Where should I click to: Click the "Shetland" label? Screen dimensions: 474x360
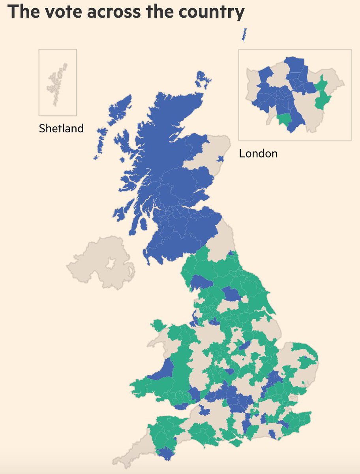[61, 128]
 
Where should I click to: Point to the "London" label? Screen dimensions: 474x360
[258, 154]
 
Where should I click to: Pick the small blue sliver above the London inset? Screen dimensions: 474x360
[244, 35]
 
